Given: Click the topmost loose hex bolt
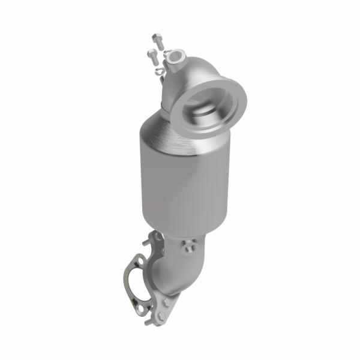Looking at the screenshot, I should pos(158,41).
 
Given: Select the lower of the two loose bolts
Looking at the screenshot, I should pos(153,57).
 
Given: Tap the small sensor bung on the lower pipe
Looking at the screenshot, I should pos(190,245).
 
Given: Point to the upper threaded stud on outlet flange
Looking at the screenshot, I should pos(146,242).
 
